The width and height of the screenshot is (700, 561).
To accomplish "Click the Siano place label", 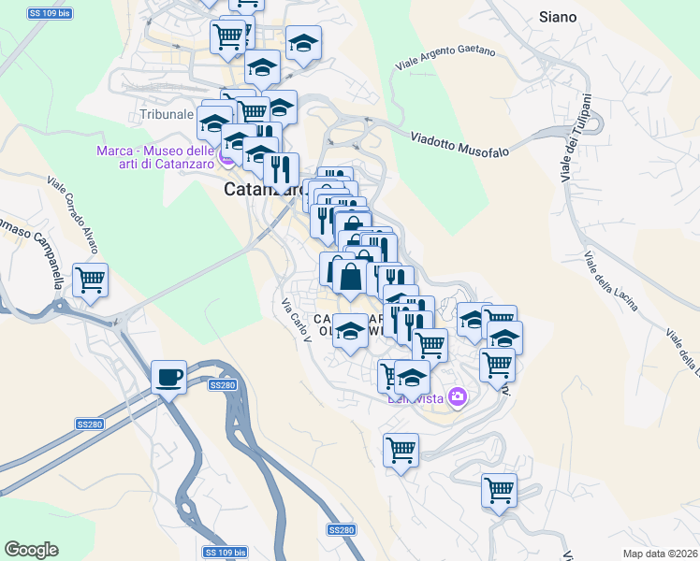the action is [558, 17].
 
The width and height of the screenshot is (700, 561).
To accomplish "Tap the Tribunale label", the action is [167, 115].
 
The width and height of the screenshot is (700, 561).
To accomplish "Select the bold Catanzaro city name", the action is [264, 190].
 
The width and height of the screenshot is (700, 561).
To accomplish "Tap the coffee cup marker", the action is [168, 377].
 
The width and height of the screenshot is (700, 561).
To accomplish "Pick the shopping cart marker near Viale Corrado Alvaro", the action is [90, 279].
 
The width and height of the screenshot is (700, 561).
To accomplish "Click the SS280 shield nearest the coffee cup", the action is [223, 384].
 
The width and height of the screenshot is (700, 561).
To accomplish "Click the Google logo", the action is [31, 550].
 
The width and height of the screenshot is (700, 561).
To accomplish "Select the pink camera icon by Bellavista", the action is [458, 396].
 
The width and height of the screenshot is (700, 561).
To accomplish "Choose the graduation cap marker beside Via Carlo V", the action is [350, 331].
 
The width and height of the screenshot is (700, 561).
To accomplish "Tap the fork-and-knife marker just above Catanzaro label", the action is [281, 171].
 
